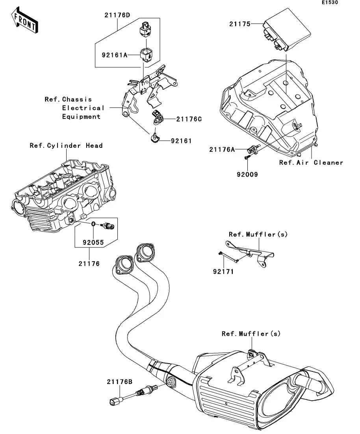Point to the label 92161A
click(x=115, y=55)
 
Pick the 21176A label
click(x=222, y=149)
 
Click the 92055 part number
click(x=93, y=242)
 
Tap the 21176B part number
click(x=119, y=381)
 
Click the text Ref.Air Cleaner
click(x=311, y=162)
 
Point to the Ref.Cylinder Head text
click(x=66, y=146)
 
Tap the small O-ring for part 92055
click(x=93, y=224)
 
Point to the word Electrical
click(x=83, y=108)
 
